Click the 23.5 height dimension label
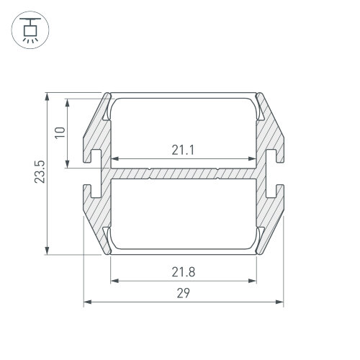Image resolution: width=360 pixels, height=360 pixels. [40, 172]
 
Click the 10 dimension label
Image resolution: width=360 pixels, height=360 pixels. [60, 132]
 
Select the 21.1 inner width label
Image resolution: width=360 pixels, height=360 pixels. [183, 150]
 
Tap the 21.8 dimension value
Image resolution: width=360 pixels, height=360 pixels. [184, 272]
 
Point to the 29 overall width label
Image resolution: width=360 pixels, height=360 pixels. [184, 293]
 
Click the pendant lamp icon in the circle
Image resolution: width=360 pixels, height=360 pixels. [30, 30]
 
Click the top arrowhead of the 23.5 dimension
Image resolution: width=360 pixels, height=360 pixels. [48, 97]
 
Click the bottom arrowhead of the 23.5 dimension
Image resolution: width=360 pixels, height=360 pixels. [48, 250]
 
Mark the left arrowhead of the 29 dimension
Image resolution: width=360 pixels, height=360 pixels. [88, 302]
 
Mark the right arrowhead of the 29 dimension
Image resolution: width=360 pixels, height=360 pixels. [279, 302]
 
